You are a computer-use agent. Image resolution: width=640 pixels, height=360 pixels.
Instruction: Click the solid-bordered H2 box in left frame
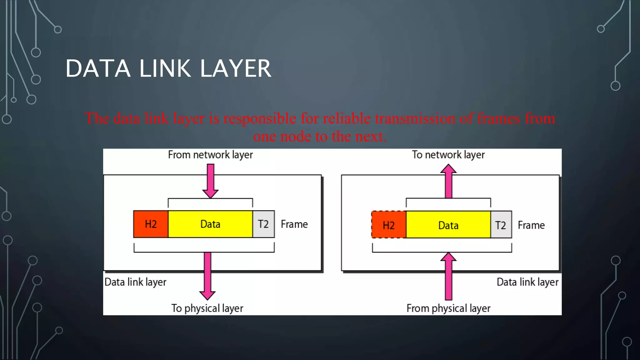pyautogui.click(x=151, y=224)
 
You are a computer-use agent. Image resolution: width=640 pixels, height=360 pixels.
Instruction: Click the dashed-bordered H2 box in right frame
pyautogui.click(x=389, y=225)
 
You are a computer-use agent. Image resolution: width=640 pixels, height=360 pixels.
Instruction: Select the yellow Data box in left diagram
pyautogui.click(x=210, y=224)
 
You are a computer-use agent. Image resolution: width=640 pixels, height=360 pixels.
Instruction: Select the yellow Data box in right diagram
pyautogui.click(x=448, y=225)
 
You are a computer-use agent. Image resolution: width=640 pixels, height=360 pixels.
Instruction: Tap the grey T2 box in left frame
pyautogui.click(x=263, y=224)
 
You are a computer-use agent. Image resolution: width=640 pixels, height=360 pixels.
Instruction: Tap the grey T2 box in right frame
pyautogui.click(x=501, y=225)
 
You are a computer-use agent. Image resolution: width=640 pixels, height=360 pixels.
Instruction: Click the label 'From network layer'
pyautogui.click(x=210, y=155)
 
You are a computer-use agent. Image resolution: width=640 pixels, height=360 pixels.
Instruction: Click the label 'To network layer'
pyautogui.click(x=448, y=155)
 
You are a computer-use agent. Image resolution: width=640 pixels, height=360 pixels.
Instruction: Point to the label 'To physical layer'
pyautogui.click(x=207, y=308)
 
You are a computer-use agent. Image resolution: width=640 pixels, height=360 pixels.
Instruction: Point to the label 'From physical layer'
pyautogui.click(x=448, y=308)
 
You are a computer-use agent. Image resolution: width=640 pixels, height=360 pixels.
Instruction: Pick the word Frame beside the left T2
pyautogui.click(x=294, y=224)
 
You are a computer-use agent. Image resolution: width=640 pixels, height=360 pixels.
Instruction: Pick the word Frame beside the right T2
pyautogui.click(x=531, y=225)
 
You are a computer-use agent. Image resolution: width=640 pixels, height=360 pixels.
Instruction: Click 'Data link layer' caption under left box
pyautogui.click(x=135, y=282)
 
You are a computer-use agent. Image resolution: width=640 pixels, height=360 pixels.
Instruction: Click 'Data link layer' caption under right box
pyautogui.click(x=527, y=282)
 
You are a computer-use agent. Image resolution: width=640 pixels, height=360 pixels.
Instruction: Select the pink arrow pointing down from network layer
pyautogui.click(x=210, y=181)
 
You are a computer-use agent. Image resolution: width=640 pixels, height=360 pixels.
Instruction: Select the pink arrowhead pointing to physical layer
pyautogui.click(x=207, y=295)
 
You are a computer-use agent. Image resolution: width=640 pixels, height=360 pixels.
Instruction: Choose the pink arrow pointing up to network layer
pyautogui.click(x=448, y=181)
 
